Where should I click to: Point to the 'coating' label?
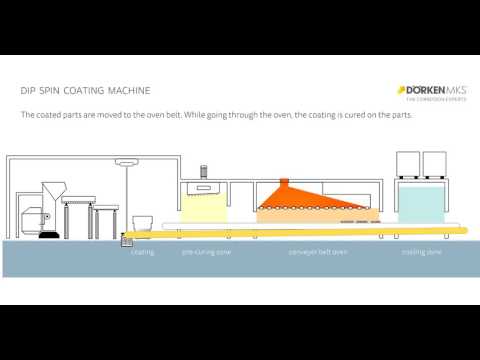pos(142,252)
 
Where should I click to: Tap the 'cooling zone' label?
pos(421,252)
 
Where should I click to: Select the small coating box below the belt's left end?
pos(128,240)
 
